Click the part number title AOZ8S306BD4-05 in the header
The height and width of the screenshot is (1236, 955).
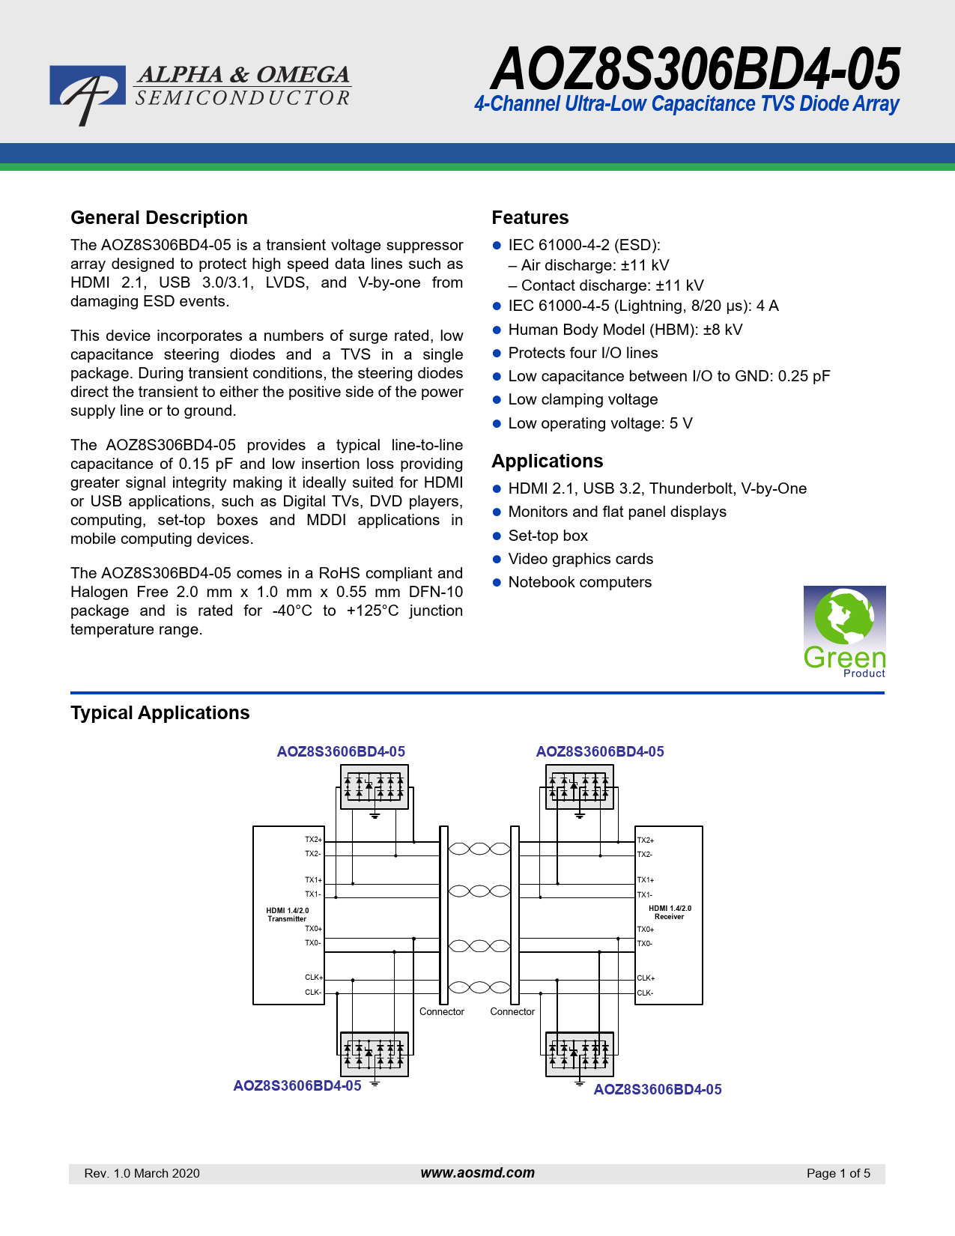coord(694,69)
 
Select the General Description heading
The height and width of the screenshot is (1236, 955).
coord(159,218)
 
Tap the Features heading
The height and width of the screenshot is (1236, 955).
coord(530,218)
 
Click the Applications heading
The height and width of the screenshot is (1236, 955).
coord(547,461)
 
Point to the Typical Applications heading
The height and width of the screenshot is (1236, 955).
coord(160,713)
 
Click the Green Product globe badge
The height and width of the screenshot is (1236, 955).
coord(844,631)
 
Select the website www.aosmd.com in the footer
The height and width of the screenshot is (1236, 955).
coord(477,1173)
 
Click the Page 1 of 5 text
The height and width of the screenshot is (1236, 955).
coord(838,1174)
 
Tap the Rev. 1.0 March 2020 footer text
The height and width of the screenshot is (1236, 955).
coord(142,1174)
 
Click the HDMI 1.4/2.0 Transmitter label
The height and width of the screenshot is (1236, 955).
coord(288,915)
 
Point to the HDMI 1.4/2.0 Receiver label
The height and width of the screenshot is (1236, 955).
coord(670,912)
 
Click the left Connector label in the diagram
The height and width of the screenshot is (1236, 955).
coord(441,1012)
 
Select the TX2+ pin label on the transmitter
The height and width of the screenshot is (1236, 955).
coord(313,840)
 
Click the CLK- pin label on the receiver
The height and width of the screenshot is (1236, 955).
coord(645,993)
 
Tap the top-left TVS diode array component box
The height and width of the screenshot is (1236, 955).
coord(374,787)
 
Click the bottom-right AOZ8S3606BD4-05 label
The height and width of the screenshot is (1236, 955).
coord(658,1090)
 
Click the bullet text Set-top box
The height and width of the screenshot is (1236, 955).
coord(548,536)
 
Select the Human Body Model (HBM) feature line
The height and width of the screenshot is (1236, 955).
coord(625,330)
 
